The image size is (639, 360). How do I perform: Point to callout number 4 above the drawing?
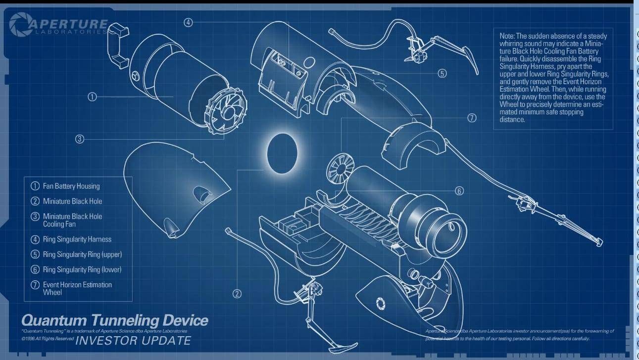(x=201, y=22)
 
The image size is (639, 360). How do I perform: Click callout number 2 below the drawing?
(x=237, y=294)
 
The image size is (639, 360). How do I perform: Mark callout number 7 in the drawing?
(x=472, y=118)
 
